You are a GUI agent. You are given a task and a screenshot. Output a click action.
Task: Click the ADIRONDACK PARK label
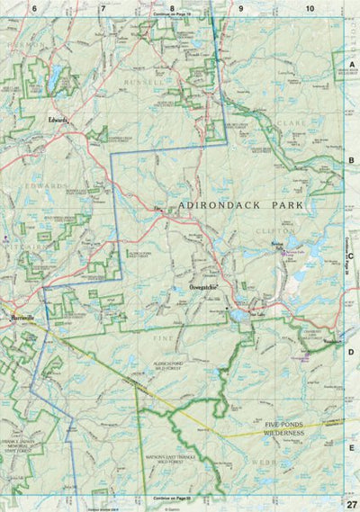click(240, 205)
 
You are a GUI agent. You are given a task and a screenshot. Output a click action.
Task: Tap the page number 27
click(351, 503)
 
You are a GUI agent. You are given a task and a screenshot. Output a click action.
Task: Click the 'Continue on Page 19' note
click(173, 15)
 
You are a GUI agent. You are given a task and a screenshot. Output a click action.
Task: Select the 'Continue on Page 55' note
click(173, 498)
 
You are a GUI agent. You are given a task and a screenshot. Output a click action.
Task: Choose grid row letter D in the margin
click(352, 352)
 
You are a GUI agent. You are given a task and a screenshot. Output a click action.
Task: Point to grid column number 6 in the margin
click(34, 7)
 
